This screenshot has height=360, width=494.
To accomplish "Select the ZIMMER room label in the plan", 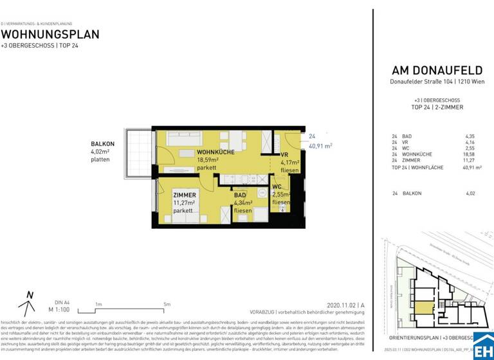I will coord(185,195).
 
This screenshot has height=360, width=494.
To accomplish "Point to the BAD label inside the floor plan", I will coord(240,195).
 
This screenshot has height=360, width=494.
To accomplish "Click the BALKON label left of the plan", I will coord(103,144).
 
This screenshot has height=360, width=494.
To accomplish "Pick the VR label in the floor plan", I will coord(284,155).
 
